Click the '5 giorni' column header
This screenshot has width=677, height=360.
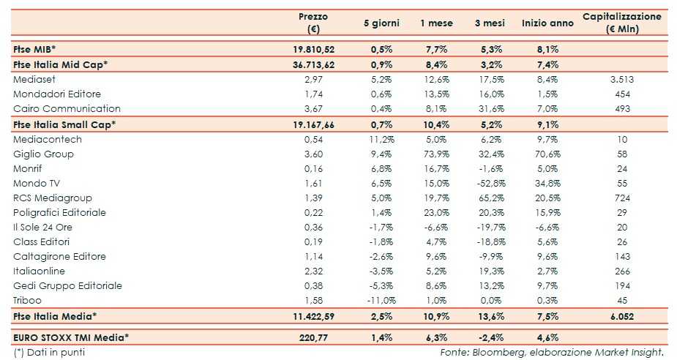click(381, 23)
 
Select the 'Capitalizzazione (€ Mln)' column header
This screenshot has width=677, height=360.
click(622, 23)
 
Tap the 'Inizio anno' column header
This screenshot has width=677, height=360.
click(547, 23)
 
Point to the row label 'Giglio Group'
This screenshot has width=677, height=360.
click(43, 154)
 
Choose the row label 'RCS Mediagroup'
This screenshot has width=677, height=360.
click(49, 198)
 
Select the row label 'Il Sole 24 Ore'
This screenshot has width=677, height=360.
click(43, 227)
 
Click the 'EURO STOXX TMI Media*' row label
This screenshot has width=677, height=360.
click(71, 337)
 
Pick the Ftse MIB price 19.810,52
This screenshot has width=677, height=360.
click(313, 48)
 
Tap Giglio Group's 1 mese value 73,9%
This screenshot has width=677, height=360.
click(436, 154)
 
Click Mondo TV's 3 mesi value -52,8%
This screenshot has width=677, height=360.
click(490, 183)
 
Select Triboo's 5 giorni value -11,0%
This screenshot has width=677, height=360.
click(381, 300)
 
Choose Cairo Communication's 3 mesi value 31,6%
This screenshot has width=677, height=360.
click(490, 109)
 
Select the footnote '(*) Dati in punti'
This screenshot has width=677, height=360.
click(49, 352)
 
